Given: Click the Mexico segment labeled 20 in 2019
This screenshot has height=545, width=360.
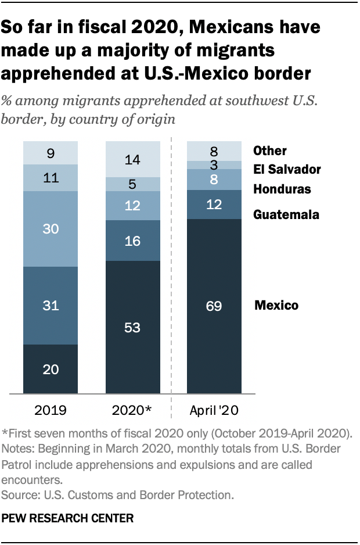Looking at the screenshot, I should coord(51,369).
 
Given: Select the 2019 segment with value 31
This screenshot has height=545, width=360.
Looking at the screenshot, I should coord(51,305).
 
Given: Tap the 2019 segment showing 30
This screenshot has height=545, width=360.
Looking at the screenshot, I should coord(51,229).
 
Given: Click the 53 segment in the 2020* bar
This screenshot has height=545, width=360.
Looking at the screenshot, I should coord(132,327).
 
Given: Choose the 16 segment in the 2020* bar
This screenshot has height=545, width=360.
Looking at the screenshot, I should coord(132,241).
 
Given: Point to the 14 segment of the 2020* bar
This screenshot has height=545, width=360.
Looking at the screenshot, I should coord(132,159).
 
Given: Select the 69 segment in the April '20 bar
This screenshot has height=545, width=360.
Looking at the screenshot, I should coord(214,306).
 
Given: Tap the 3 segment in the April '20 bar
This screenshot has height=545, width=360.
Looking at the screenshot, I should coord(214,165).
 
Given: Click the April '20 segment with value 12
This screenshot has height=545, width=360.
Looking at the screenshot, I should coord(214,204).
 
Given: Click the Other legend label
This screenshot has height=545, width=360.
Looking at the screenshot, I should coord(270,151).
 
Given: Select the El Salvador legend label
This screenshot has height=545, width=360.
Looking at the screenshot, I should coord(287,170).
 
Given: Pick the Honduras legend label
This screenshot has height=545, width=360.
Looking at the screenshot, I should coord(282,189).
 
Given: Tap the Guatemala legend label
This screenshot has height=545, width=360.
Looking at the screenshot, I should coord(286,215).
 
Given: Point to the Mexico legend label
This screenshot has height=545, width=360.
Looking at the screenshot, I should coord(276,306).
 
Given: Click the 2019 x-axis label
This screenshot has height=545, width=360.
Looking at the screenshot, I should coord(51,411).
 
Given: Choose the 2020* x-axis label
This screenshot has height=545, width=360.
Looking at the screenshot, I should coord(132,411).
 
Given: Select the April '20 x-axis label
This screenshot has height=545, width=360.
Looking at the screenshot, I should coord(214,411).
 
